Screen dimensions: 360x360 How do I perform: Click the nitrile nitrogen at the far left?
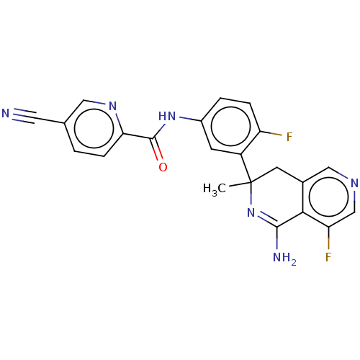click(x=6, y=113)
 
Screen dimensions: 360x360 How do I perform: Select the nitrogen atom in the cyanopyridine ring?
click(x=112, y=106)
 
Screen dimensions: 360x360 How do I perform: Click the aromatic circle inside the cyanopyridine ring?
click(x=94, y=128)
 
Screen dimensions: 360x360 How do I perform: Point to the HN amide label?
click(x=167, y=117)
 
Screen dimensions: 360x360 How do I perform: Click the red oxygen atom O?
click(x=163, y=167)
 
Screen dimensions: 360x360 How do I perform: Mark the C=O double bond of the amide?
click(x=157, y=149)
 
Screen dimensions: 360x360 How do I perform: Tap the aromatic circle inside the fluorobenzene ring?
click(x=231, y=126)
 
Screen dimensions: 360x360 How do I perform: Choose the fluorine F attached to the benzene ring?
click(x=289, y=137)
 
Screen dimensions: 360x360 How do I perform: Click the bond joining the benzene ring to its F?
click(x=271, y=133)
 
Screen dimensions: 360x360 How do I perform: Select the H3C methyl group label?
click(x=215, y=189)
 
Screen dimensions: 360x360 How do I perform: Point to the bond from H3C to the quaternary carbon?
click(x=240, y=184)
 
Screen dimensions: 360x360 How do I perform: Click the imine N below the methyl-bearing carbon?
click(x=251, y=212)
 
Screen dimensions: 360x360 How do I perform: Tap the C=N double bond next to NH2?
click(x=267, y=219)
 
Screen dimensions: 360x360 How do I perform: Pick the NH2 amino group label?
click(x=284, y=258)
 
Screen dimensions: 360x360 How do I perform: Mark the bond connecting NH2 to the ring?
click(x=277, y=238)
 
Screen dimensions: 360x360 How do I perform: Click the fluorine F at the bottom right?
click(x=328, y=257)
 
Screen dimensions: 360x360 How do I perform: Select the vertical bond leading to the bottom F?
click(x=328, y=238)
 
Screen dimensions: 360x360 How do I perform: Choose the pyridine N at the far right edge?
click(x=354, y=183)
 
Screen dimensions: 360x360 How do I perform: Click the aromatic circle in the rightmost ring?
click(x=329, y=197)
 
